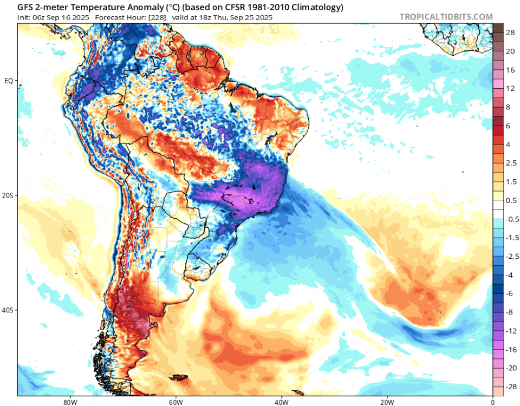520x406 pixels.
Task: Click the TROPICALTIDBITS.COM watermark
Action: coord(446,17)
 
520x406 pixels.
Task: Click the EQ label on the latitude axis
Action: coord(9,81)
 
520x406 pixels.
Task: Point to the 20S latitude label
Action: coord(8,195)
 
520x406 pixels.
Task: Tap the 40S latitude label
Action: coord(8,310)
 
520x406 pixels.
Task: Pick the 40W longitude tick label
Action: coord(281,402)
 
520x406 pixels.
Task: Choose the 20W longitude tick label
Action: coord(387,402)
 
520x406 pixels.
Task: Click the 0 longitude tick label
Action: coord(492,402)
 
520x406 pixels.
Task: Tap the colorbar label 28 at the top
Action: coord(510,33)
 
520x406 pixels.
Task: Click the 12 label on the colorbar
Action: coord(510,88)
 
